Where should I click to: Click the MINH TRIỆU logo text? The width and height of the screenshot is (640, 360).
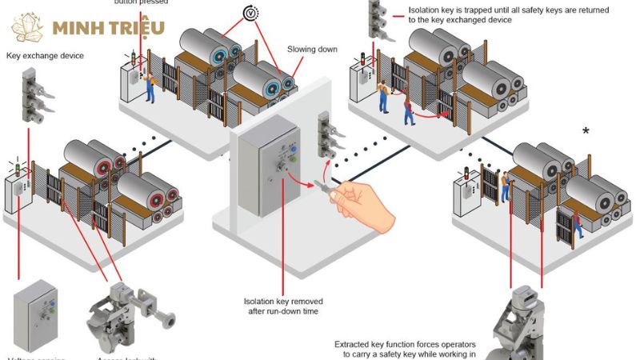pyautogui.click(x=108, y=29)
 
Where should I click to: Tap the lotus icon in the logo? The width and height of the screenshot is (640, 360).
pyautogui.click(x=29, y=27)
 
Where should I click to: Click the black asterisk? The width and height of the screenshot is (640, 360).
pyautogui.click(x=586, y=131)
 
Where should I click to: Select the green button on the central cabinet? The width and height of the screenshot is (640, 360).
pyautogui.click(x=294, y=159)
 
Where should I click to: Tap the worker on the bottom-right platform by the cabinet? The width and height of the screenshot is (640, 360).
pyautogui.click(x=506, y=186)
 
